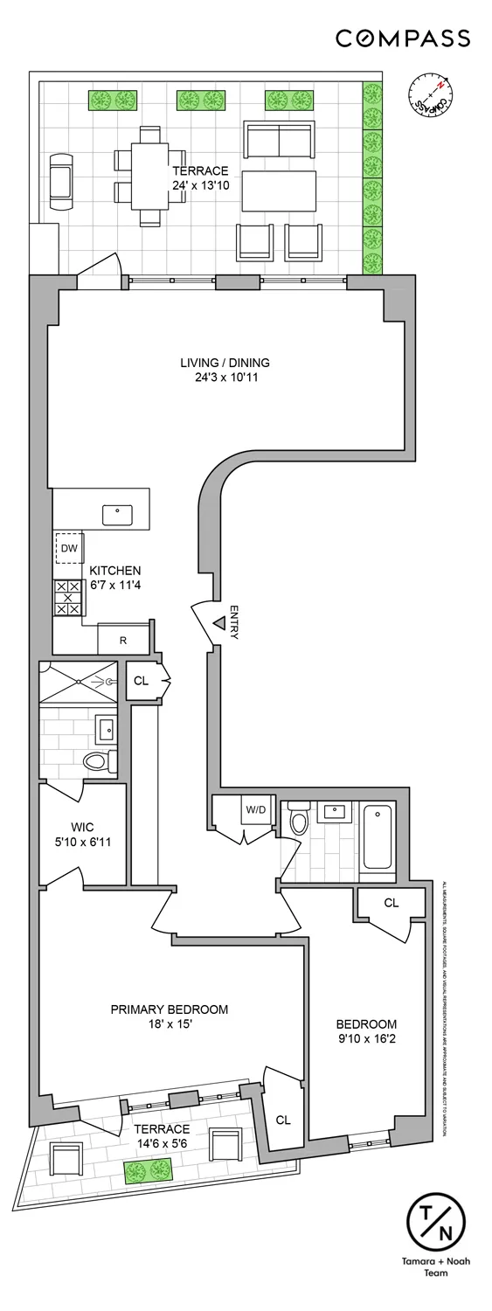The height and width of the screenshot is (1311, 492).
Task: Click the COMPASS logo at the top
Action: coord(403,38)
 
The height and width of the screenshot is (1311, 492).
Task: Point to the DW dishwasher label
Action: coord(69,549)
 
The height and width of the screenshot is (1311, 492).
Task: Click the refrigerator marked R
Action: coord(122,640)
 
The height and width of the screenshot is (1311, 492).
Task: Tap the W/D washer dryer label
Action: coord(255,809)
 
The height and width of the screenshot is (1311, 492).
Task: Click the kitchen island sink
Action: coord(117,515)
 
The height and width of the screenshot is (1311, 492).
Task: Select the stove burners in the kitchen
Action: coord(68,598)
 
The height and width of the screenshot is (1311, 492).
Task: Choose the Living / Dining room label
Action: coord(225,363)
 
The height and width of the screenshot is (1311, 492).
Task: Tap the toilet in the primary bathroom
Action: coord(100,760)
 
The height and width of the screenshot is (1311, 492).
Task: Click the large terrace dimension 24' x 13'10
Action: coord(200,185)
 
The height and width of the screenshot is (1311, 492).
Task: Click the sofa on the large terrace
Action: coord(279,140)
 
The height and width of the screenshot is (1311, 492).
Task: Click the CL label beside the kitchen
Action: coord(141,681)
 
